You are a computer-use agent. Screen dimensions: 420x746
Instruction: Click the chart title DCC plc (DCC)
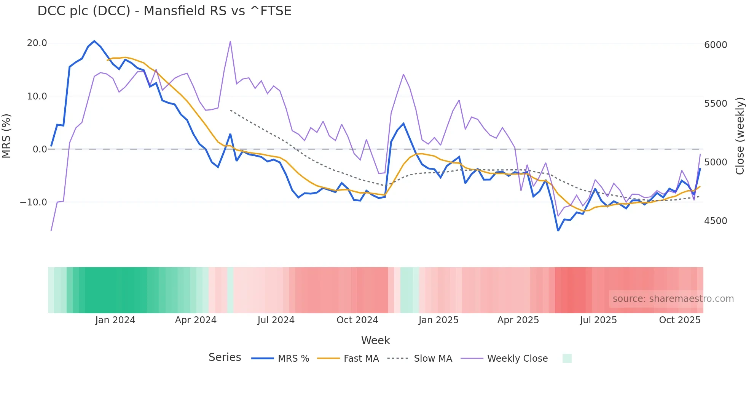click(x=164, y=11)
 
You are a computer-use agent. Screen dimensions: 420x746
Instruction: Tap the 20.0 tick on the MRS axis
click(x=37, y=43)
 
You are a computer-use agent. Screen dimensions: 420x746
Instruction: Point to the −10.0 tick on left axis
click(x=34, y=202)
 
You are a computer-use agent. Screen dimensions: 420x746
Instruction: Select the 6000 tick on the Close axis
click(x=716, y=45)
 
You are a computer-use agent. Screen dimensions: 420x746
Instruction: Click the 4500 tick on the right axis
click(x=716, y=221)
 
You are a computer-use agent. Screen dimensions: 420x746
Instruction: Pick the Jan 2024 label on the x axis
click(x=115, y=320)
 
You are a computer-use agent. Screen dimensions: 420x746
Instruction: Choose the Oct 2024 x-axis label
click(x=357, y=320)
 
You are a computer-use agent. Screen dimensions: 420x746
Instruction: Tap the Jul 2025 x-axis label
click(x=598, y=320)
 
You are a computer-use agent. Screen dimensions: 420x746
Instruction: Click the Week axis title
click(x=375, y=340)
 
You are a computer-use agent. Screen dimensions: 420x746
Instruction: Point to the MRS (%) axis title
click(x=6, y=136)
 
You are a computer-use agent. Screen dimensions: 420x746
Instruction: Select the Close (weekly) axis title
click(x=740, y=136)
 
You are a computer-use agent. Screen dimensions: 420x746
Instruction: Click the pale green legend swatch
click(x=567, y=358)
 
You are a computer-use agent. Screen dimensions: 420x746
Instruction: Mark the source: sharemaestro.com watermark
click(x=673, y=299)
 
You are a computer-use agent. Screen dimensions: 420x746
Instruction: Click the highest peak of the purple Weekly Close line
click(x=230, y=42)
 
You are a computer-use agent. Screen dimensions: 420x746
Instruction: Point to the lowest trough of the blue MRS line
click(x=558, y=231)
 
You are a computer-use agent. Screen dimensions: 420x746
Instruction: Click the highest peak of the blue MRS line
click(x=94, y=41)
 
